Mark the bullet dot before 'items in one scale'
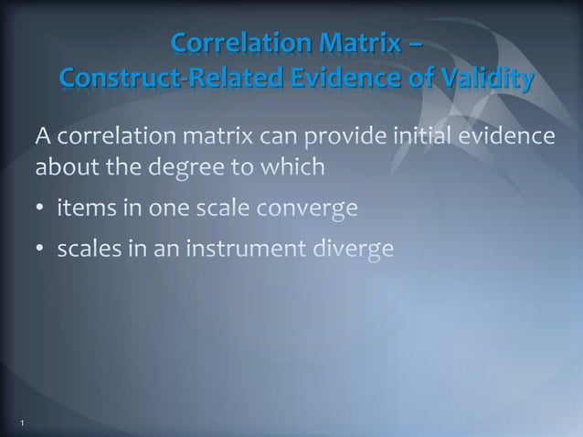point(41,210)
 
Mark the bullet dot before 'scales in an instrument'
point(41,249)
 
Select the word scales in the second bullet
point(87,248)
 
